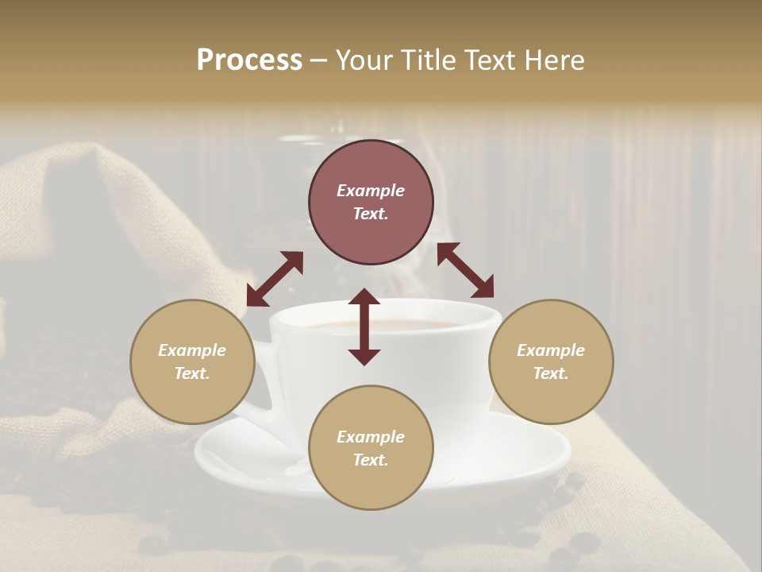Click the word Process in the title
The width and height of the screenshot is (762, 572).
coord(249,60)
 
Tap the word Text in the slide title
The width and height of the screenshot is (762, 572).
coord(488,60)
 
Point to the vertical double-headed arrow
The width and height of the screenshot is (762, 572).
coord(364,327)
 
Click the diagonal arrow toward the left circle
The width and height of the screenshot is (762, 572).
coord(275,279)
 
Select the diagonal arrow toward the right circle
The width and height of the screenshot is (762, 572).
coord(465,270)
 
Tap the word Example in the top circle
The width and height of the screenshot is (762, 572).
coord(371,191)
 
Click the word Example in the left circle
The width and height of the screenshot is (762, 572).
coord(192,350)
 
